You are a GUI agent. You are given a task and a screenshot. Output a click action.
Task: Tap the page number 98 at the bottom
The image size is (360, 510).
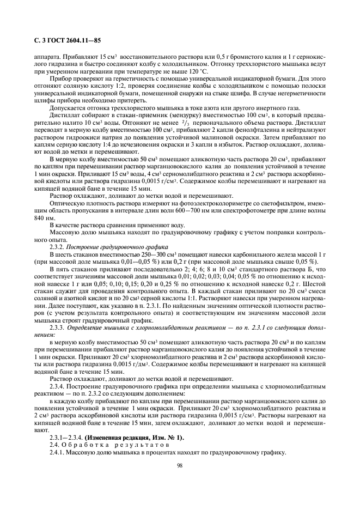point(180,465)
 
